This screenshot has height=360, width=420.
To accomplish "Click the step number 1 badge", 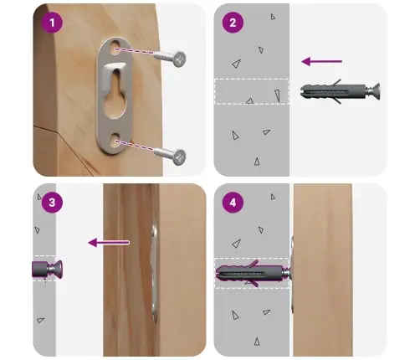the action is coord(52,23).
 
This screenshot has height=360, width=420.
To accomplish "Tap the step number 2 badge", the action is coord(233,23).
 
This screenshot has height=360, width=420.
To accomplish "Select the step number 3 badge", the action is coord(52,203).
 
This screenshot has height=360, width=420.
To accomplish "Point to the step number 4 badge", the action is coord(233,203).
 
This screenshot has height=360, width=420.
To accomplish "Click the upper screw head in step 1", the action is coord(179,59).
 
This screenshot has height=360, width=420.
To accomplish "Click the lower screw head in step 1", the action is coord(179,157).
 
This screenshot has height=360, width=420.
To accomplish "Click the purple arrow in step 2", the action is coord(322,61).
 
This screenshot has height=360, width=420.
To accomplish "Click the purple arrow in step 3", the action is coord(109,243).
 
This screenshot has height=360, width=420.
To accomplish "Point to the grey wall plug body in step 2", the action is coord(333,91).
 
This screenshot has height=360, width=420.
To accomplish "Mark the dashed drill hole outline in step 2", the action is coord(252,92).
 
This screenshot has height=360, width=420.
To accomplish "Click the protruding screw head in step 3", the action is coord(56,269).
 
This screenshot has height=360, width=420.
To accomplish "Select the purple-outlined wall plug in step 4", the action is coord(250,273).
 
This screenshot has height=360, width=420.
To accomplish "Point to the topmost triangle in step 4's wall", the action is coord(273,197).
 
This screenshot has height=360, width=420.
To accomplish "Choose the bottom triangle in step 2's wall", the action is coord(257,162).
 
